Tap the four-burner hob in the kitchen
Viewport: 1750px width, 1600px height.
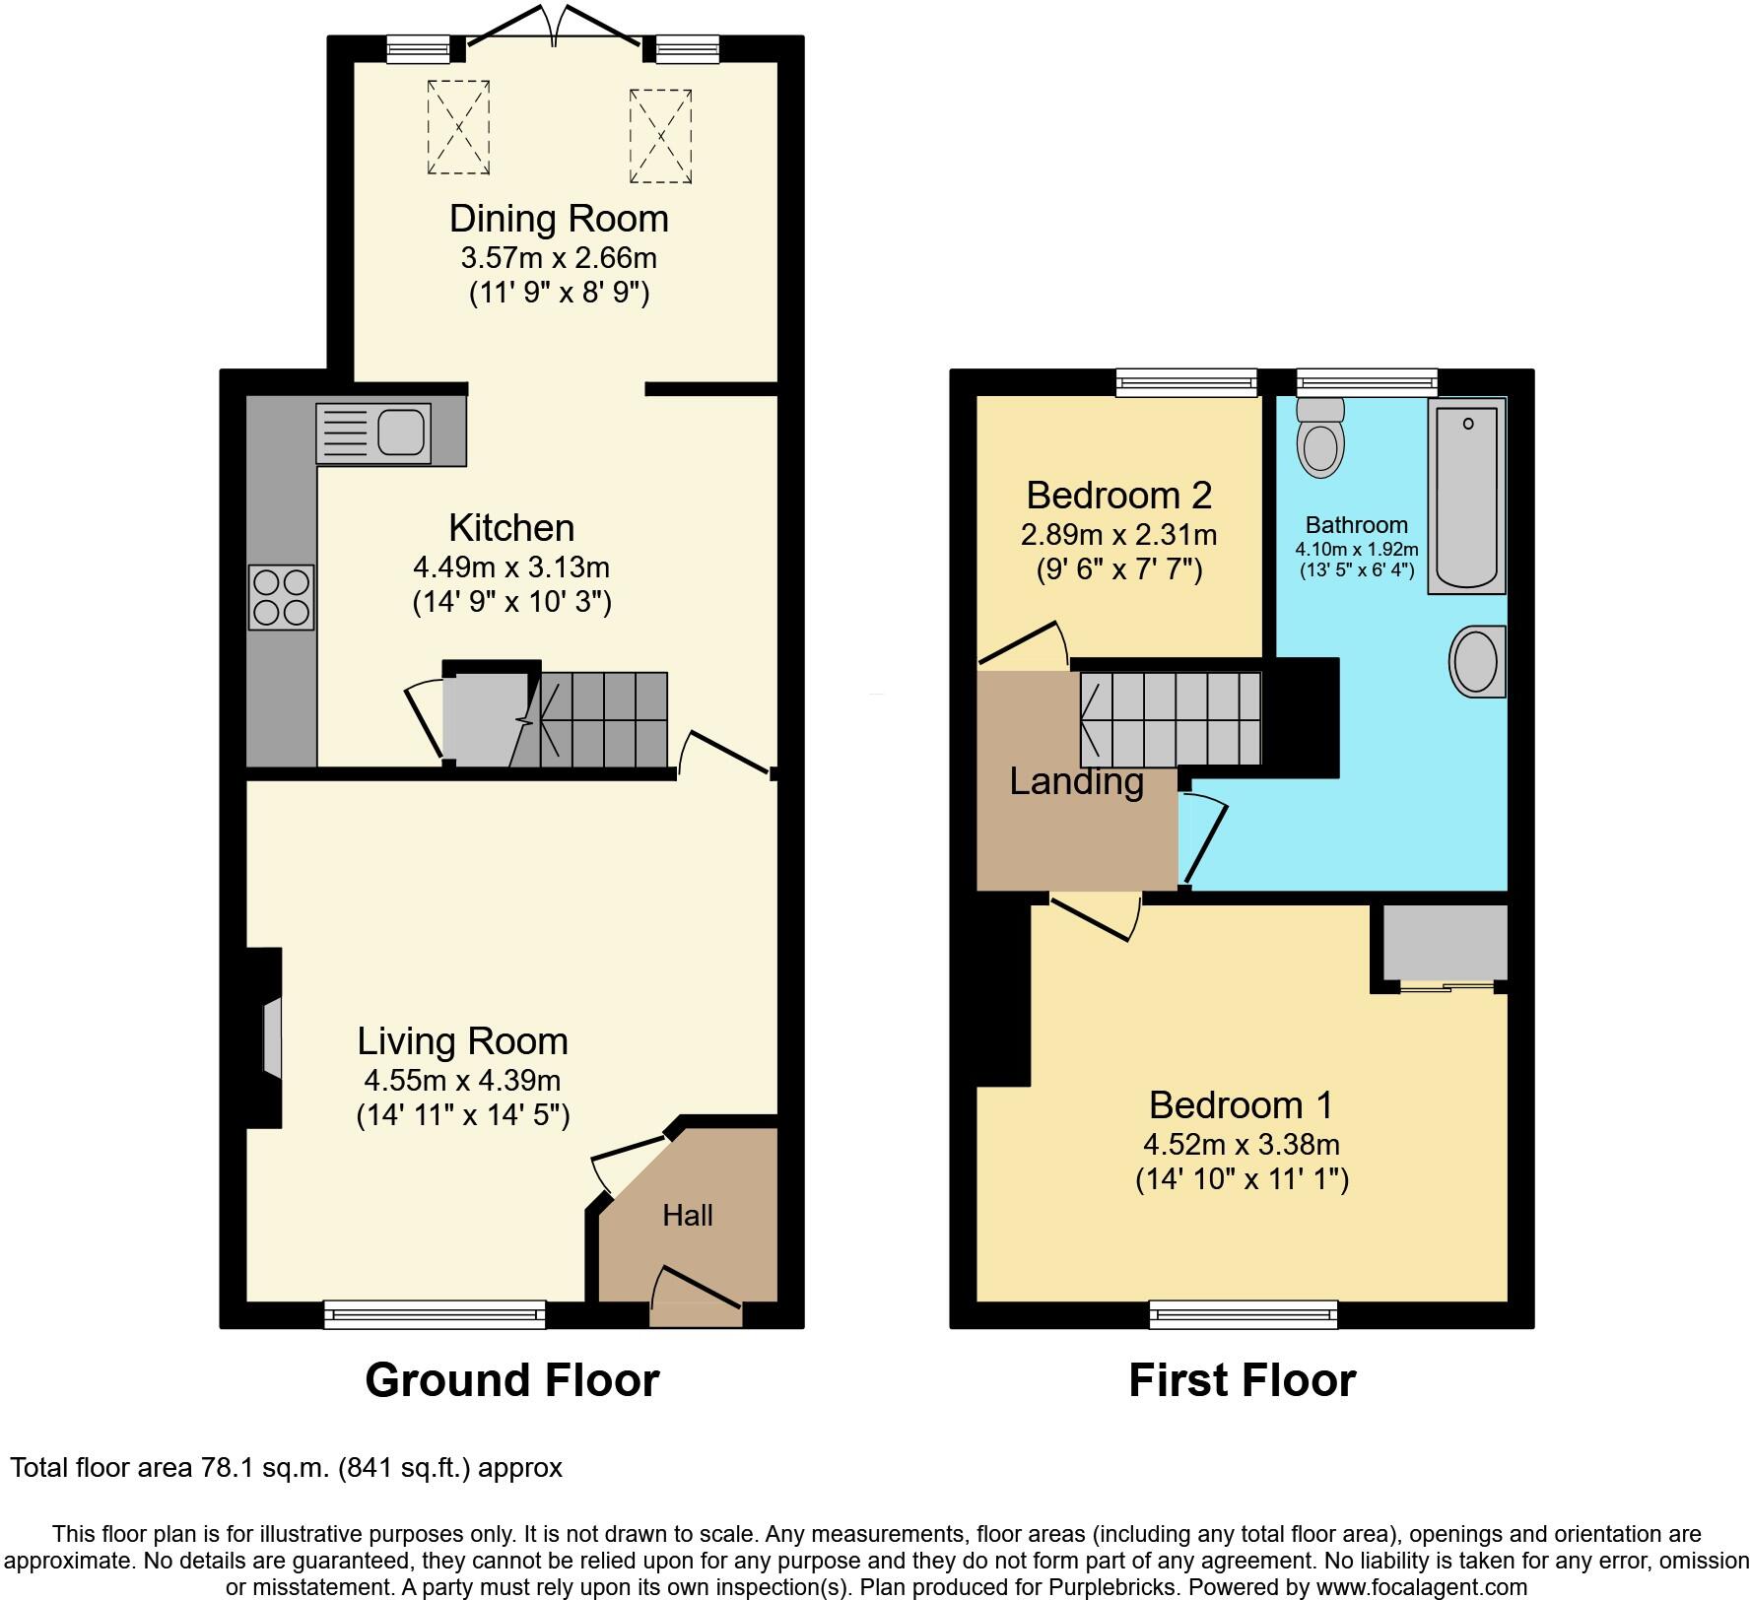tap(282, 597)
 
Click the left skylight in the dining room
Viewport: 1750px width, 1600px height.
tap(458, 128)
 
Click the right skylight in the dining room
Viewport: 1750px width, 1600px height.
tap(661, 136)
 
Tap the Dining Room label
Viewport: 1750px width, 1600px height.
tap(559, 219)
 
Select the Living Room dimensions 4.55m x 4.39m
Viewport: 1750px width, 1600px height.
tap(462, 1080)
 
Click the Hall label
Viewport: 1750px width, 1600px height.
tap(687, 1215)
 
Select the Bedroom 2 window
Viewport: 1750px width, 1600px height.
tap(1186, 383)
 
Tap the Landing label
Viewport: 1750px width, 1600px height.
tap(1076, 781)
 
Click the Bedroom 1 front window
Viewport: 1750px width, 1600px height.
tap(1244, 1313)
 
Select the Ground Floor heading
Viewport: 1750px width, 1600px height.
tap(511, 1380)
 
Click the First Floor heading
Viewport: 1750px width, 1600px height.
tap(1242, 1380)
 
